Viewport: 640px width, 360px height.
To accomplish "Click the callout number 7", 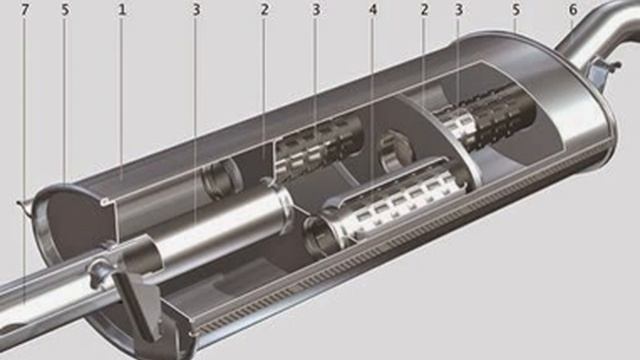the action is [25, 10].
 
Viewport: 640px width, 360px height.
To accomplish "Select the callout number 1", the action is [122, 10].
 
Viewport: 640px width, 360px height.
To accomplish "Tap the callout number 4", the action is [373, 10].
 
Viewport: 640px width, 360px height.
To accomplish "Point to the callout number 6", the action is [573, 10].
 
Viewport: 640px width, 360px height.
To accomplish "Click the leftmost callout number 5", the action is [65, 10].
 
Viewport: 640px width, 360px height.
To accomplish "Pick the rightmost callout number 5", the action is [516, 10].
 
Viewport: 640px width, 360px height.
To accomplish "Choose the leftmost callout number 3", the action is [196, 10].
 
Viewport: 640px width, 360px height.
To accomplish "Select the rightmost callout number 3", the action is [459, 10].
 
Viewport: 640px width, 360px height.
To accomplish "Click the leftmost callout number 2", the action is [264, 10].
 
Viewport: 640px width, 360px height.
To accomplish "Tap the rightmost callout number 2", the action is [424, 10].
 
